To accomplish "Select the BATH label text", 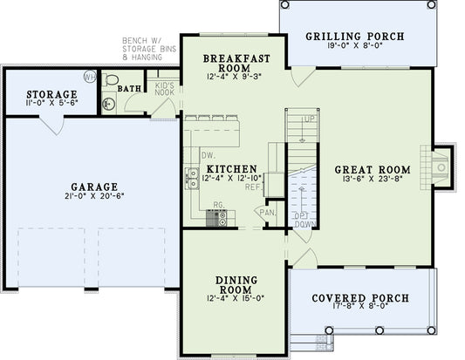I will click(130, 89).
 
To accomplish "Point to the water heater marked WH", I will click(90, 77).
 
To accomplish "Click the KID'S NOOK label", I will click(166, 87).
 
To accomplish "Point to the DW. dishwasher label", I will click(208, 155).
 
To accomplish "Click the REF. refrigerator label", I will click(254, 187).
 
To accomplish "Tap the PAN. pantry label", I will click(265, 212).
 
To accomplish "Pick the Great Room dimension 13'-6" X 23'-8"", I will click(373, 181).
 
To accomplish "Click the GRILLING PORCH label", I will click(353, 37).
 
